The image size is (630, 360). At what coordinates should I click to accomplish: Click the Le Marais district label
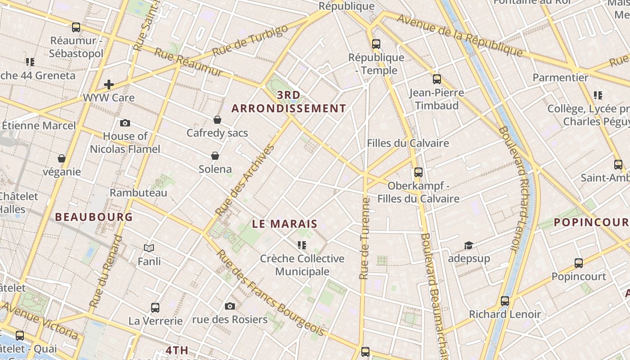[x=284, y=224]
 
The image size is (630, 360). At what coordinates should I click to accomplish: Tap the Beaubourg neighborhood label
[x=94, y=217]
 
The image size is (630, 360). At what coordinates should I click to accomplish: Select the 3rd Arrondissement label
[x=289, y=102]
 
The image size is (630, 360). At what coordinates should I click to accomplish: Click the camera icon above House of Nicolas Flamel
[x=125, y=123]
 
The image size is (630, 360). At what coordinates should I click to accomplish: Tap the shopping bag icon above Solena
[x=215, y=156]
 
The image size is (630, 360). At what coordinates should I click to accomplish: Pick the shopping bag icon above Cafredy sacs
[x=217, y=120]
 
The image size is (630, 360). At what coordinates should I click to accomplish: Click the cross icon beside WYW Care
[x=108, y=84]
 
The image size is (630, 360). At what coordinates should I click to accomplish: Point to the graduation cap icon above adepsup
[x=468, y=246]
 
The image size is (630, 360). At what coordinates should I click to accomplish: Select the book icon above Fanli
[x=149, y=248]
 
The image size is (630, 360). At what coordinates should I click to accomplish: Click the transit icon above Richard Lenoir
[x=505, y=301]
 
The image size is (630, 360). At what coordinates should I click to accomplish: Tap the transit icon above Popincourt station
[x=579, y=263]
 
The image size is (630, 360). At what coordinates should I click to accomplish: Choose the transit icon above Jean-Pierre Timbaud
[x=436, y=79]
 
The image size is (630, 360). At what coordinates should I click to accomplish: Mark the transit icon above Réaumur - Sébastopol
[x=76, y=27]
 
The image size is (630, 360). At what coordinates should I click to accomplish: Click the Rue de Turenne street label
[x=364, y=238]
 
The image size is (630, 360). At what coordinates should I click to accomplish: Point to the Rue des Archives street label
[x=245, y=180]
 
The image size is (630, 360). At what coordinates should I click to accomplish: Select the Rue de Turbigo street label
[x=250, y=41]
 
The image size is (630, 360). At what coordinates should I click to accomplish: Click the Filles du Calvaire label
[x=408, y=143]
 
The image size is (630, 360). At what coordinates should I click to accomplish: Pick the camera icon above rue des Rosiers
[x=230, y=306]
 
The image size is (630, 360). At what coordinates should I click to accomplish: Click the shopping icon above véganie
[x=62, y=158]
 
